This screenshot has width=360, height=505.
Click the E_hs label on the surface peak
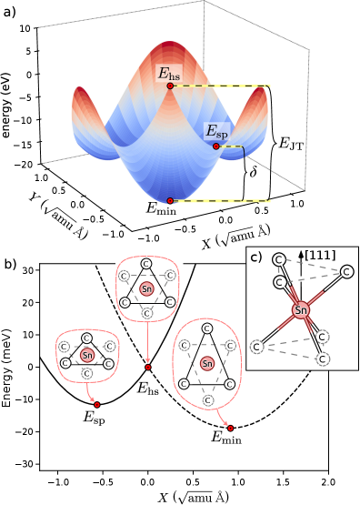(x=169, y=74)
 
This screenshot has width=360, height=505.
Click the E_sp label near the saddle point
(x=216, y=132)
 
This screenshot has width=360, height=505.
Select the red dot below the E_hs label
(x=170, y=86)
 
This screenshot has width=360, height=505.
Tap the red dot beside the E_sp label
(x=215, y=146)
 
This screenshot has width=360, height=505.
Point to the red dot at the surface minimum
(x=170, y=200)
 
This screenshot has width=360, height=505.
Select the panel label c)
(x=256, y=257)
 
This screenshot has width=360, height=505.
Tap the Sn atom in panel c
(x=301, y=311)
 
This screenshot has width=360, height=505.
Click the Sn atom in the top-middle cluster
(x=147, y=288)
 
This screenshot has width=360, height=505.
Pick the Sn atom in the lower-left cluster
(x=86, y=355)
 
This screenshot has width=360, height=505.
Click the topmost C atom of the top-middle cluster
(x=147, y=264)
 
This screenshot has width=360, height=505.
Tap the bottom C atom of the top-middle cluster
(x=147, y=313)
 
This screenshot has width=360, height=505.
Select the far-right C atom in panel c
(x=346, y=271)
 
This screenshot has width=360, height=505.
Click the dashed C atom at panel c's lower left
(x=257, y=347)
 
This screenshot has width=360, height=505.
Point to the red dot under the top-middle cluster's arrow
(x=147, y=368)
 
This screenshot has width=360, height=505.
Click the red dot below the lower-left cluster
(x=97, y=404)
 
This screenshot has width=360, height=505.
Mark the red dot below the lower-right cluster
(x=230, y=427)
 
